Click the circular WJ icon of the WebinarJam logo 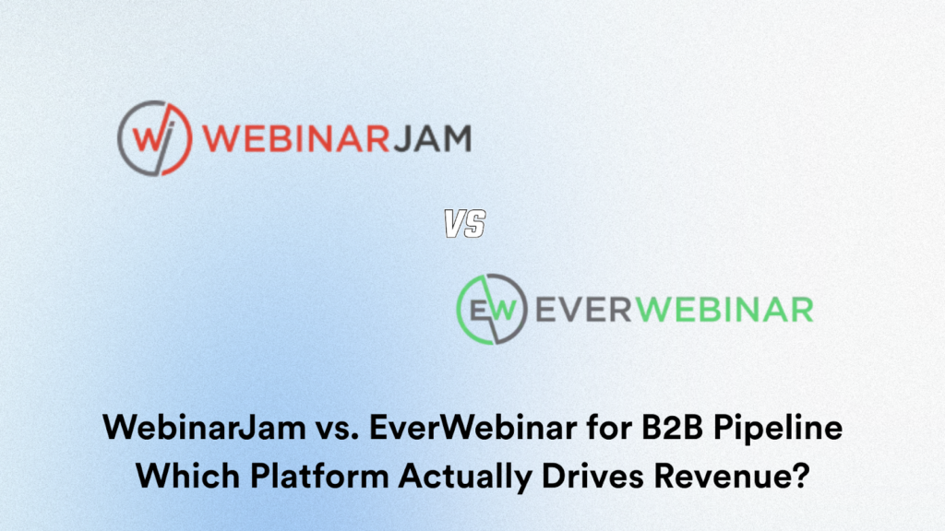click(154, 138)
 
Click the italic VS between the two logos click(465, 223)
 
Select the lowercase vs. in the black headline click(297, 430)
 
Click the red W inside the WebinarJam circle click(146, 137)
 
